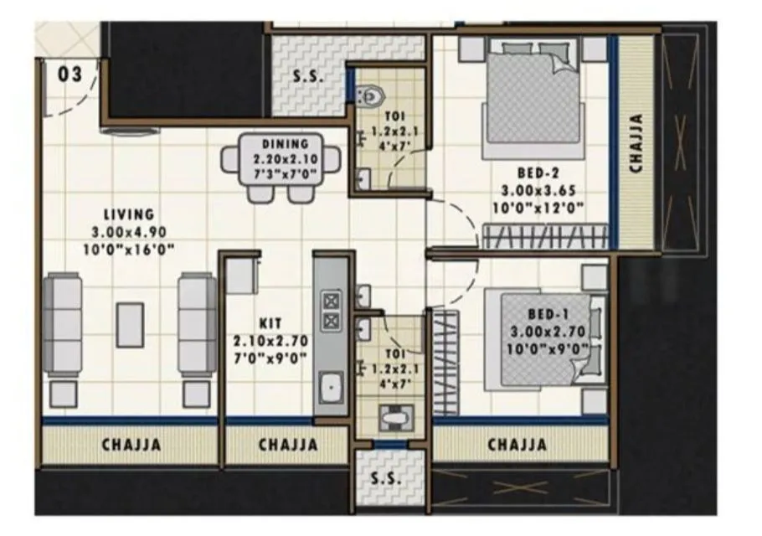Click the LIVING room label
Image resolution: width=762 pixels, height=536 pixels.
(129, 215)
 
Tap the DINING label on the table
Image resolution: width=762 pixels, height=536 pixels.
(285, 144)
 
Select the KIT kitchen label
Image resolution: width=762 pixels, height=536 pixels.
(270, 323)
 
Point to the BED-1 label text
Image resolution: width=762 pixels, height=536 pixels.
(544, 314)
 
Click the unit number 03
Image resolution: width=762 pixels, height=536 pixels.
(70, 75)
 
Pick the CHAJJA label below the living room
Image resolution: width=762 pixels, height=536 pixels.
(131, 445)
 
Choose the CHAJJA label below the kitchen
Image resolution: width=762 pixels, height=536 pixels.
(287, 445)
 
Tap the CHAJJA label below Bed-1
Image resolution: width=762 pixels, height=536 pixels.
(517, 445)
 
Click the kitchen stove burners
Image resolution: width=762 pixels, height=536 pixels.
(332, 309)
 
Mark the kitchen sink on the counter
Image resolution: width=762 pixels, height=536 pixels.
(332, 387)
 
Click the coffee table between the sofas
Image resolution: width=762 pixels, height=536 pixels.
(130, 324)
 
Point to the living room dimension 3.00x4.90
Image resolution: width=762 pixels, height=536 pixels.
(129, 232)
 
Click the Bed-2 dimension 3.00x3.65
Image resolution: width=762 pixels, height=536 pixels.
(541, 192)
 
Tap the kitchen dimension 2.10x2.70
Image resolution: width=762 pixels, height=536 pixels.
(270, 340)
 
